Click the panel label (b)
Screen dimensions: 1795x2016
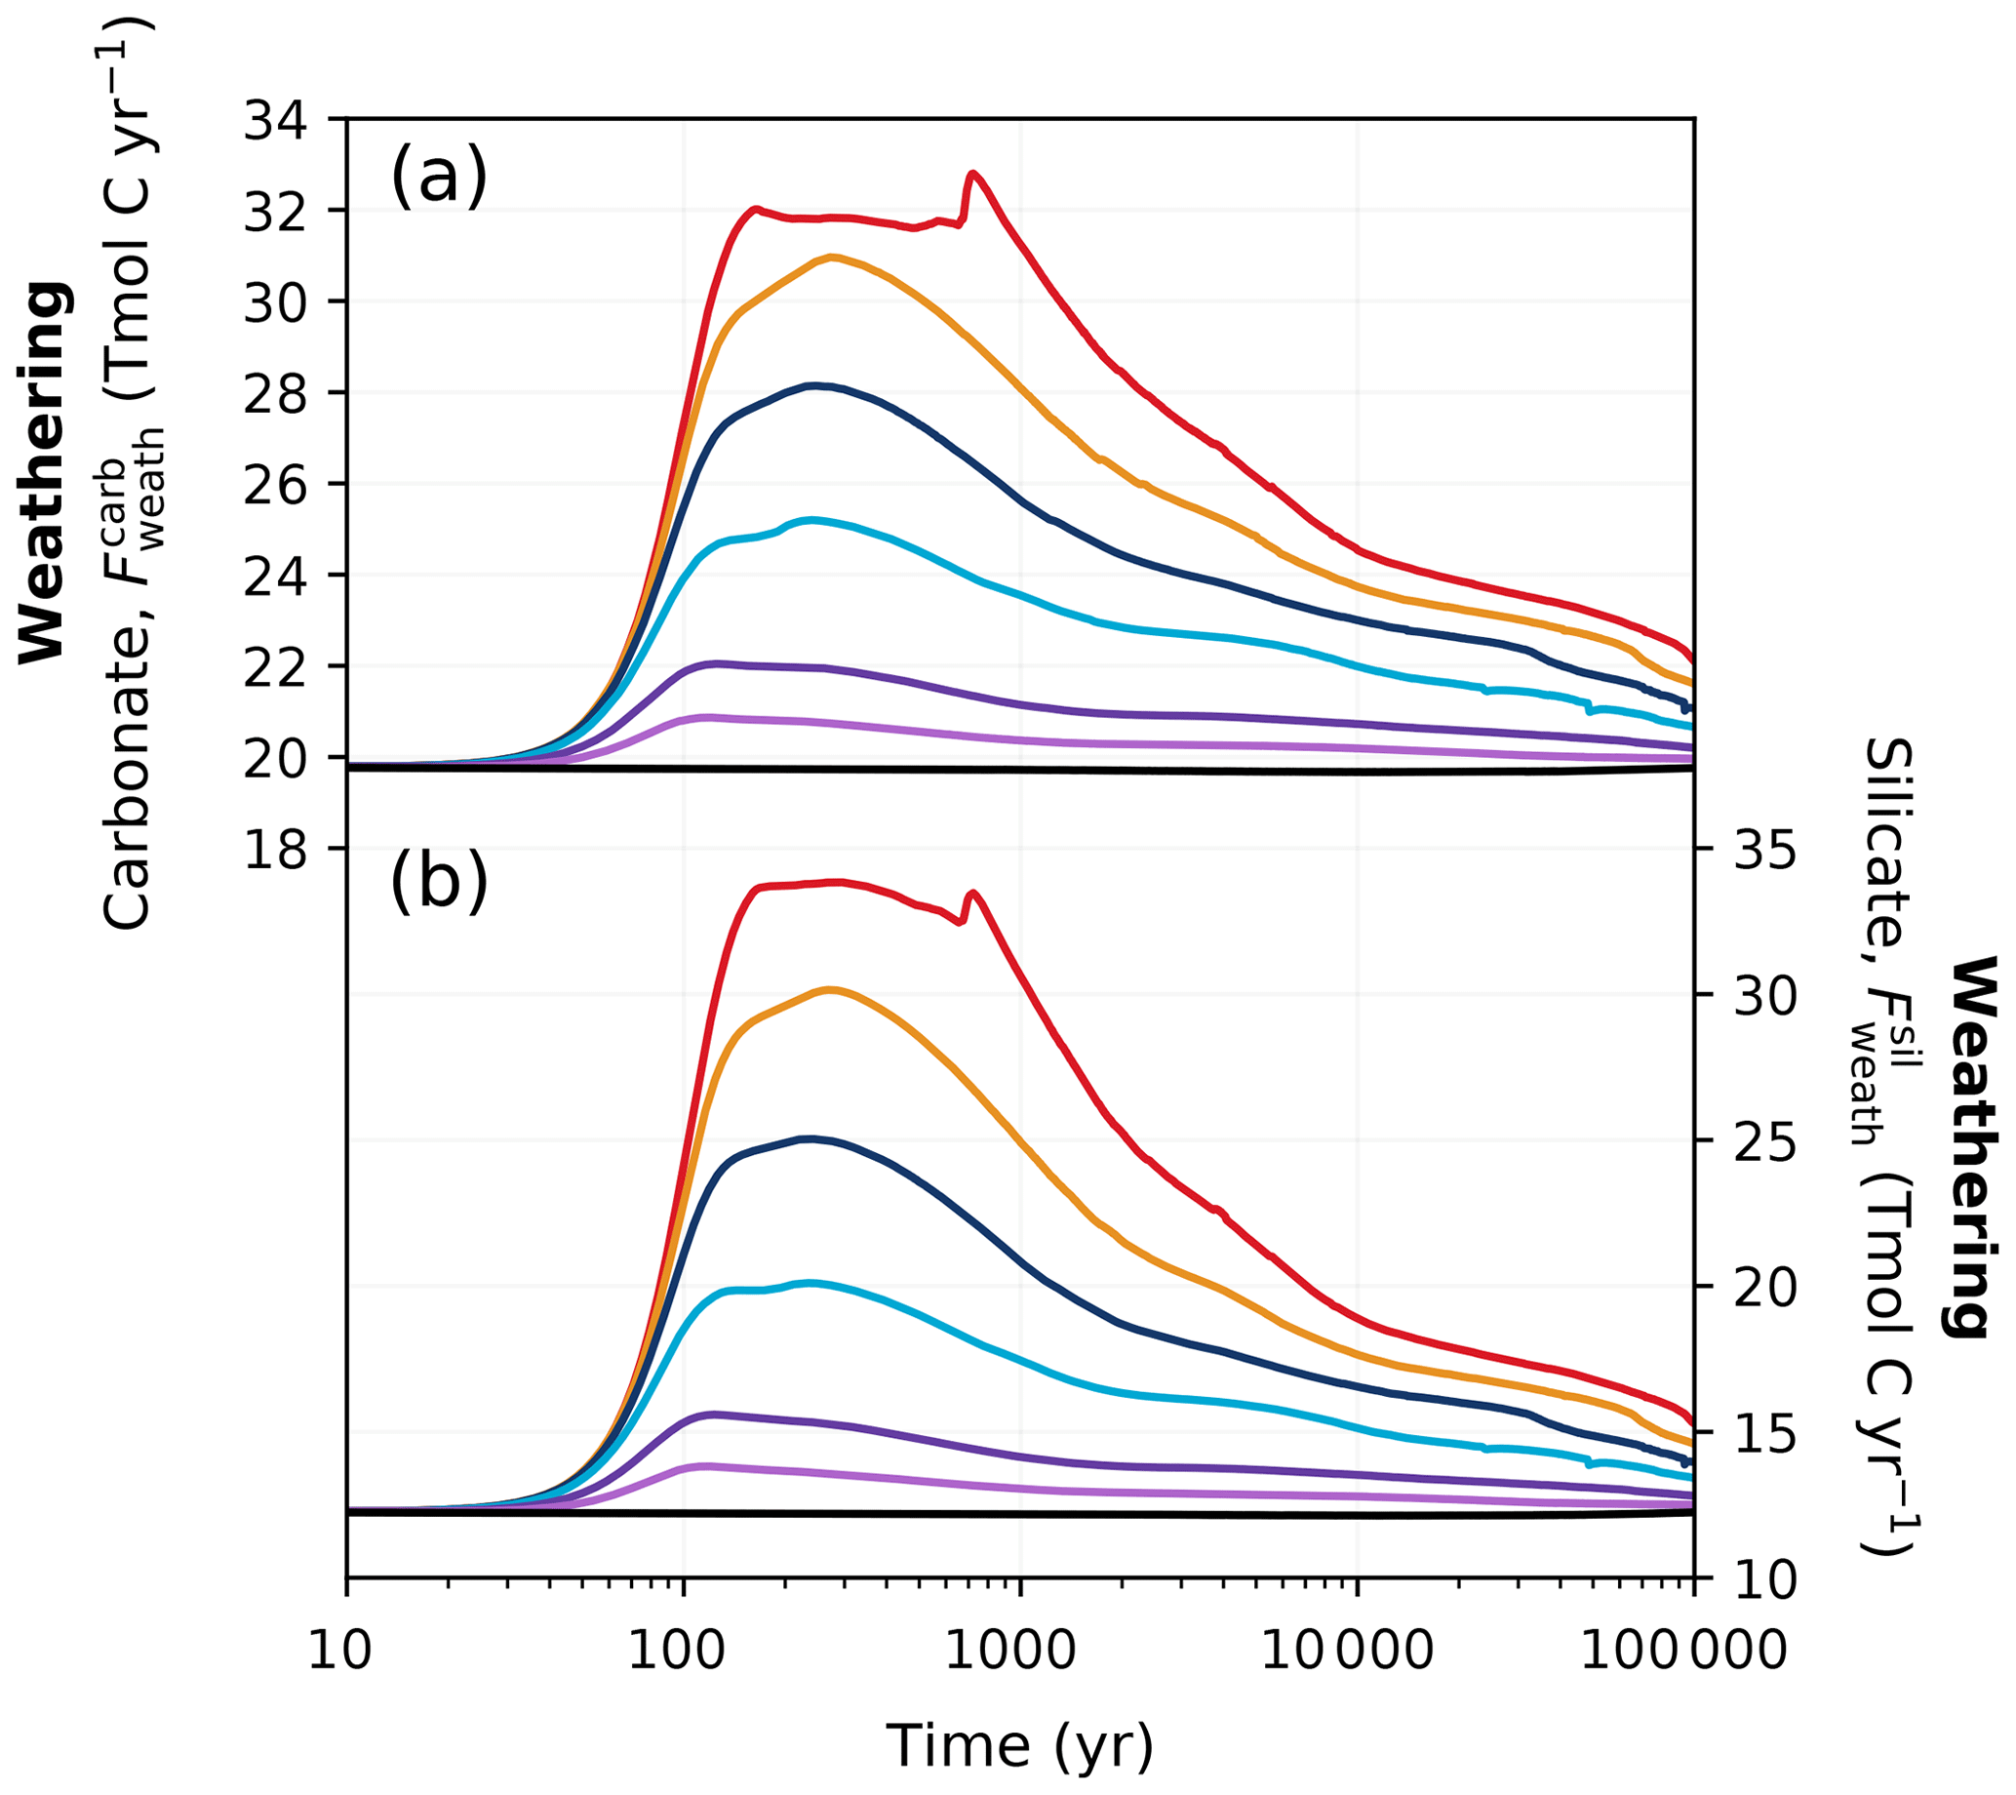(x=439, y=881)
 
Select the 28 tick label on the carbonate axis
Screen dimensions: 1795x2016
(x=275, y=393)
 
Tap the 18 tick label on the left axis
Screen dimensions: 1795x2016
(x=275, y=850)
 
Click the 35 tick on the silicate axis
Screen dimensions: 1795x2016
(x=1764, y=850)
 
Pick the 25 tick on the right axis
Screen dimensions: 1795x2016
(x=1764, y=1142)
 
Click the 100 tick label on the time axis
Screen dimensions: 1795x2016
(x=684, y=1650)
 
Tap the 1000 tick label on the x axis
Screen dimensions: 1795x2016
(x=1021, y=1650)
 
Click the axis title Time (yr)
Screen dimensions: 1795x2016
(x=1020, y=1745)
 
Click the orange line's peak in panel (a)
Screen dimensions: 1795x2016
(x=834, y=258)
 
